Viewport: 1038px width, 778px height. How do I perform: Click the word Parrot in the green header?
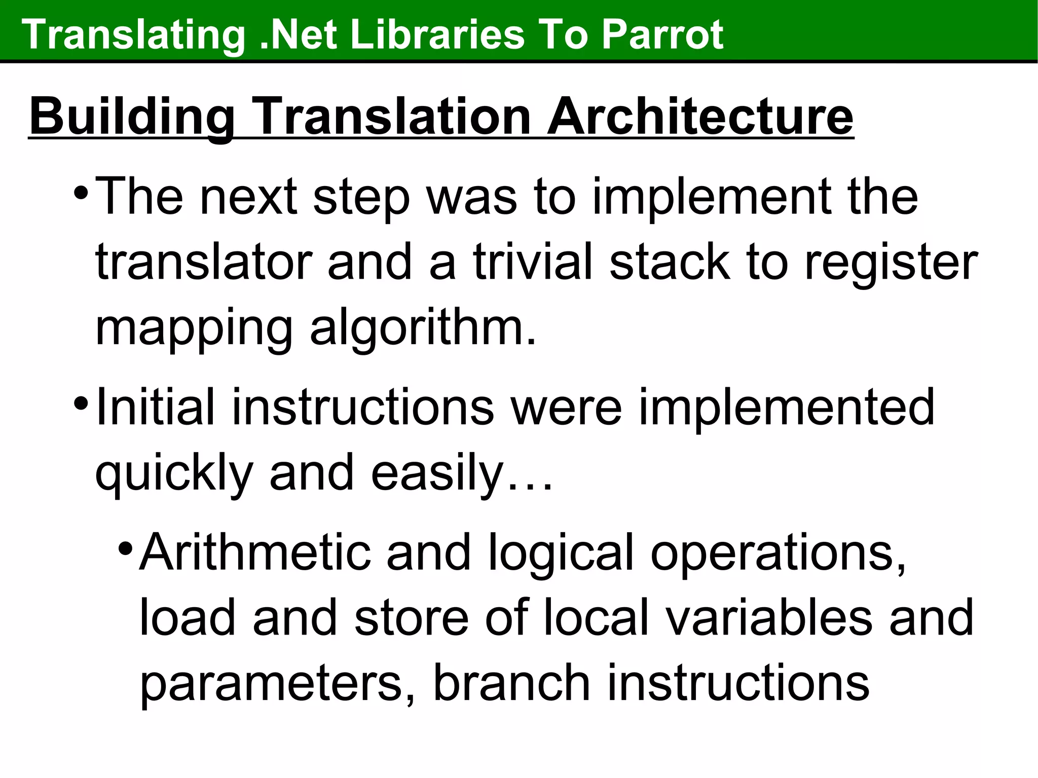[x=662, y=34]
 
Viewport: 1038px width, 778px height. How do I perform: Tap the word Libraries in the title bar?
[x=436, y=34]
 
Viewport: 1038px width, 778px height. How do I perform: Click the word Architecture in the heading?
[x=699, y=117]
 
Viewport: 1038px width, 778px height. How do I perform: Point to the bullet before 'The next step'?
[x=80, y=193]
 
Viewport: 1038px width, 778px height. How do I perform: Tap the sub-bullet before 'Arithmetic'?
[x=125, y=548]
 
